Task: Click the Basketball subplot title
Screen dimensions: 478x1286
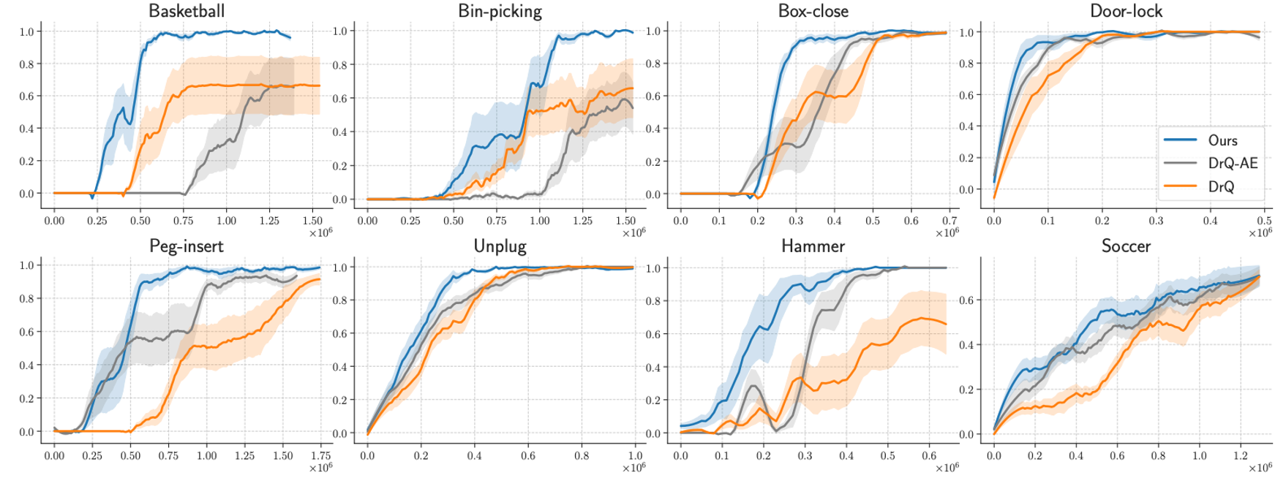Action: tap(187, 11)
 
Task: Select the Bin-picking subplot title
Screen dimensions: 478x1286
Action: tap(500, 11)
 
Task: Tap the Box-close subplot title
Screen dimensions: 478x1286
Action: tap(813, 11)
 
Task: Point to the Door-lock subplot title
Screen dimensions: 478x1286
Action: tap(1126, 11)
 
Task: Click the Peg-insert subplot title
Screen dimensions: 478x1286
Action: tap(187, 246)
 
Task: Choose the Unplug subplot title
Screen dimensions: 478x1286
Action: tap(500, 246)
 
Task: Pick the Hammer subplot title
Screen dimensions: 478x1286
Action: tap(813, 246)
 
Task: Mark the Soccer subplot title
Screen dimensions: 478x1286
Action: tap(1126, 246)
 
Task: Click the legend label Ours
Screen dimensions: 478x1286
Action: tap(1223, 140)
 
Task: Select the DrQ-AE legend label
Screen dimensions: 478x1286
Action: tap(1233, 163)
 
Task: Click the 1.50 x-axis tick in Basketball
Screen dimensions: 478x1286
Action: tap(312, 219)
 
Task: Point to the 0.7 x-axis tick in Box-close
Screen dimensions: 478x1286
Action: tap(949, 219)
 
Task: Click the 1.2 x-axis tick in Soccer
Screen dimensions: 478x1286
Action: tap(1241, 455)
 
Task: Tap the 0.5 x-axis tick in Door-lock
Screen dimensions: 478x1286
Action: tap(1264, 219)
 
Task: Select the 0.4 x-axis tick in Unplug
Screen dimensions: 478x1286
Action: tap(475, 455)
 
